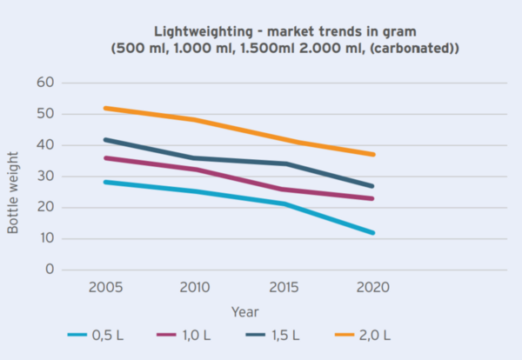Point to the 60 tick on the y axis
coord(45,83)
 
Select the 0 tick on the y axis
coord(50,270)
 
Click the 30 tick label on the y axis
coord(45,177)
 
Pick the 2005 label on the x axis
coord(104,287)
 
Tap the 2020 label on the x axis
coord(373,287)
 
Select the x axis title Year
coord(244,310)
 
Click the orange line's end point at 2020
coord(373,154)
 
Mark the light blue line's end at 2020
coord(373,233)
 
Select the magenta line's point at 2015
coord(284,190)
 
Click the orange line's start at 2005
coord(105,108)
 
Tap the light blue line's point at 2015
coord(284,203)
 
